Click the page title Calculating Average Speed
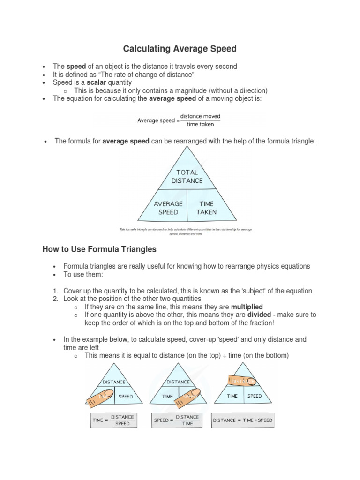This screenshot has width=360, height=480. (x=180, y=49)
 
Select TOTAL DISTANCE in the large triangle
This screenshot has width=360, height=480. (x=187, y=176)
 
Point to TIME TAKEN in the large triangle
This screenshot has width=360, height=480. (x=206, y=208)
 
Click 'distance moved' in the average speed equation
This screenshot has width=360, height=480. (x=200, y=116)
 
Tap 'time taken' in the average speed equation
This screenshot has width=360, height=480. (x=200, y=124)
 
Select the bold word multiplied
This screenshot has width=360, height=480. (x=247, y=307)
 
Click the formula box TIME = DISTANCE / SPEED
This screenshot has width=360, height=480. (x=113, y=420)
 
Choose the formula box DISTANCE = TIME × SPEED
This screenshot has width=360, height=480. (x=242, y=420)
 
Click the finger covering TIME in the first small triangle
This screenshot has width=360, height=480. (x=101, y=396)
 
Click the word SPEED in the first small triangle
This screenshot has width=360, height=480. (x=126, y=397)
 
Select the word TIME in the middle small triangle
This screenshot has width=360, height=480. (x=167, y=397)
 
